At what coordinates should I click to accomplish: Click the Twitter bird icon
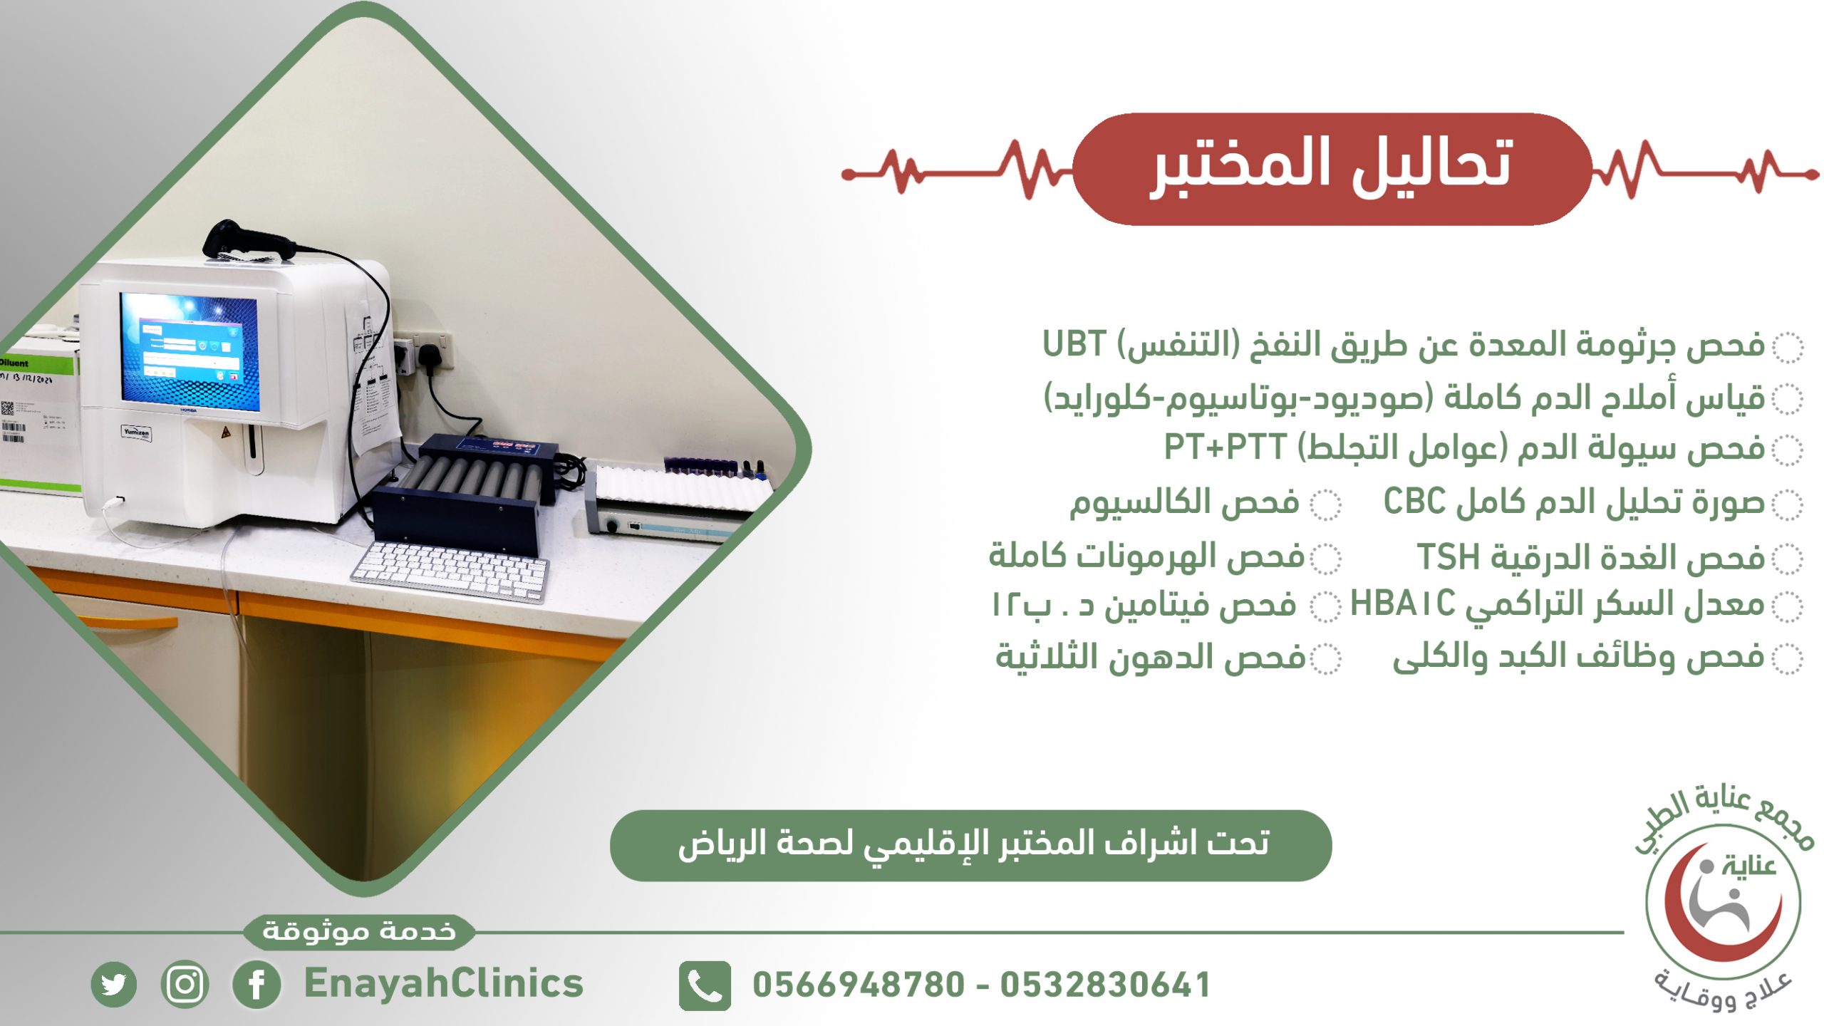tap(113, 985)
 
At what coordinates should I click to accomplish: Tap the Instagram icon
tap(185, 985)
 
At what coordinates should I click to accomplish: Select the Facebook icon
tap(256, 985)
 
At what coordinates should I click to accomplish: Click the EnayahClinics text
tap(443, 984)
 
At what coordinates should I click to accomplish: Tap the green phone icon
tap(705, 985)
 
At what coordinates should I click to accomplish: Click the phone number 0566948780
tap(858, 985)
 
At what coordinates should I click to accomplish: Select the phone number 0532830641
tap(1105, 985)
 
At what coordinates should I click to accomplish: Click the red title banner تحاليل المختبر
tap(1332, 169)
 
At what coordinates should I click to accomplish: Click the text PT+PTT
tap(1225, 447)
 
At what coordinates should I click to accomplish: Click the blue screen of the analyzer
tap(190, 351)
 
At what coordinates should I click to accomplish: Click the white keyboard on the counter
tap(450, 571)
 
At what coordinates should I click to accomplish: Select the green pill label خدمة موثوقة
tap(359, 931)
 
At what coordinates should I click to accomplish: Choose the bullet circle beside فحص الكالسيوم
tap(1326, 505)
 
